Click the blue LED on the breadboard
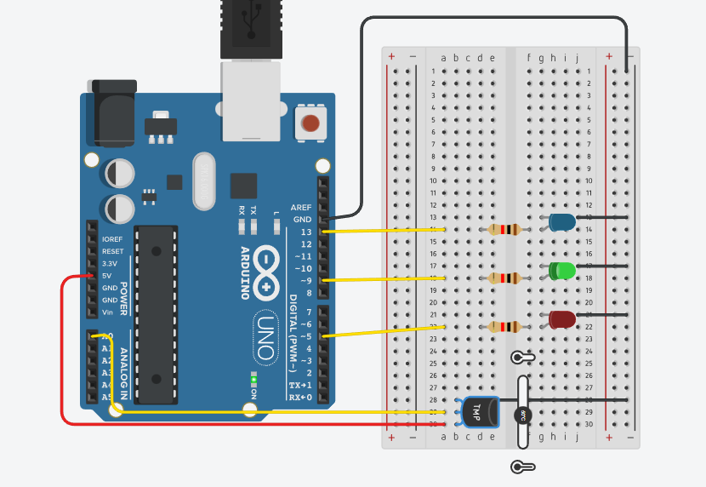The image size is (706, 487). coord(562,222)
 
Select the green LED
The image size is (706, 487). coord(562,271)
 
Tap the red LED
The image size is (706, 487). coord(562,319)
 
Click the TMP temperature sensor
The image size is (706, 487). coord(477,412)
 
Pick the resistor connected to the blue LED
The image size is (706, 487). coord(504,229)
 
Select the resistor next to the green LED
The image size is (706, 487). coord(504,278)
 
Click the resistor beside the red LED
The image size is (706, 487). coord(504,326)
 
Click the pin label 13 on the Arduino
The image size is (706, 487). coord(305,232)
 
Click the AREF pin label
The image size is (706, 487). coord(301,207)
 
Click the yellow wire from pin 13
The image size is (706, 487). coord(383,231)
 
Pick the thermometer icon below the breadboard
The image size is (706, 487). coord(521,467)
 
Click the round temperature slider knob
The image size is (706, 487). coord(523,415)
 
